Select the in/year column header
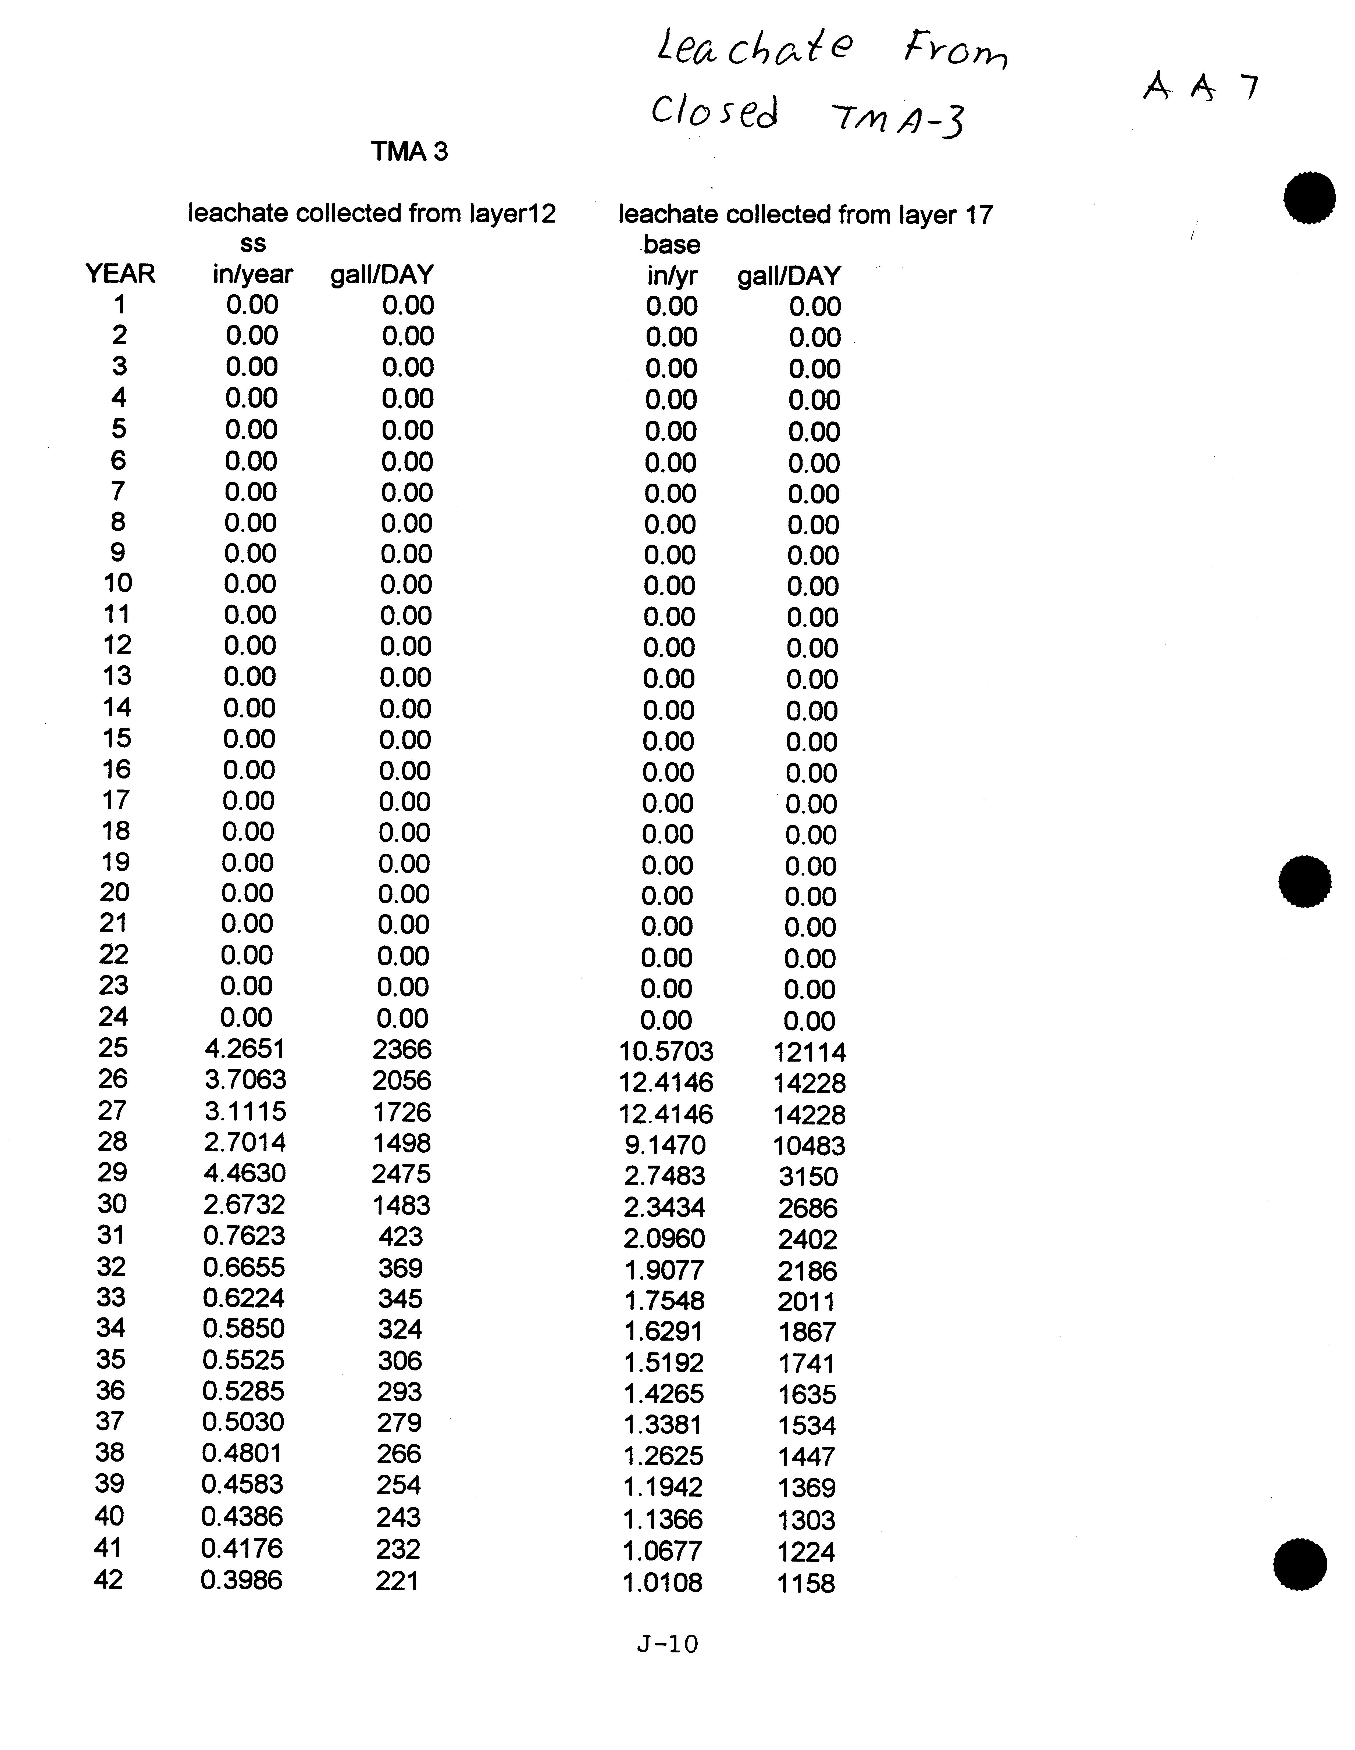[x=252, y=275]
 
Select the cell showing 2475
[x=401, y=1174]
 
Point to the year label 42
[x=109, y=1579]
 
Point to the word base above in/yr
[x=672, y=244]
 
